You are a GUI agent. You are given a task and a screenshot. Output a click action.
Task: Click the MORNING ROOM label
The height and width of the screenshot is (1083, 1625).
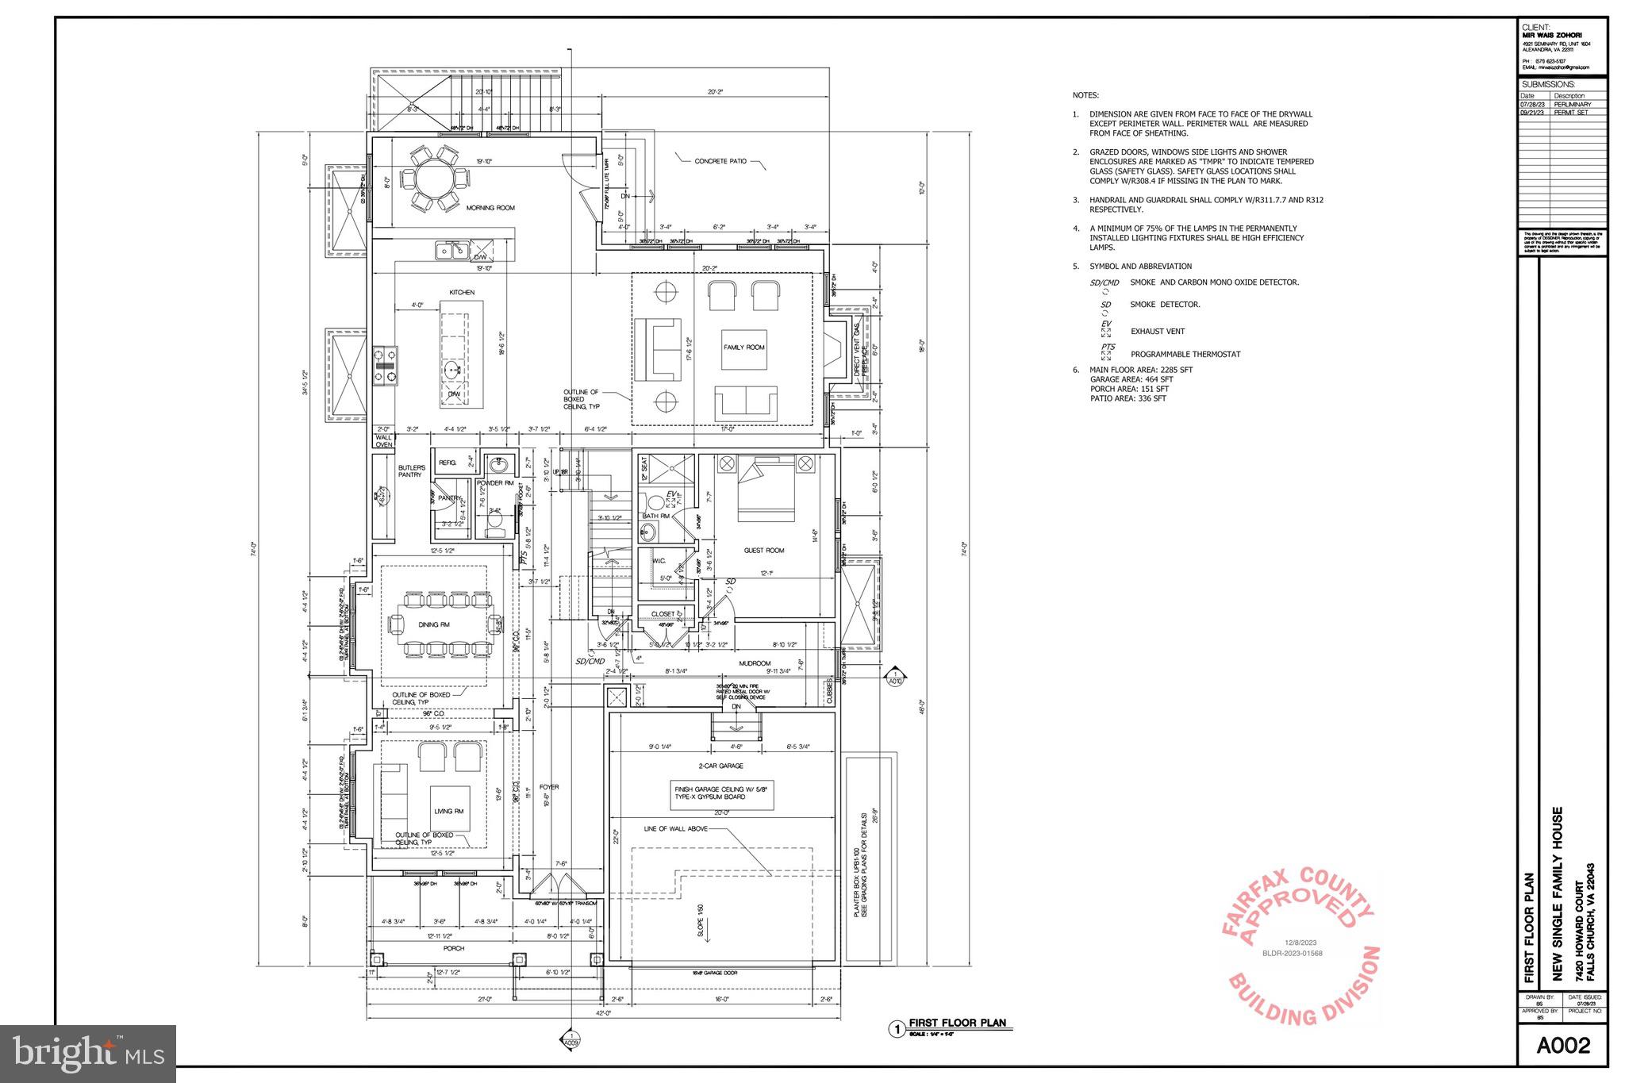coord(490,208)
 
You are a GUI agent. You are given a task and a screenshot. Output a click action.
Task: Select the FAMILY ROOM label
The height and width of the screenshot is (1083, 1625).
coord(743,348)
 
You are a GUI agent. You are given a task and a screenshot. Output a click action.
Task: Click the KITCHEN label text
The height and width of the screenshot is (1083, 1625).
coord(462,293)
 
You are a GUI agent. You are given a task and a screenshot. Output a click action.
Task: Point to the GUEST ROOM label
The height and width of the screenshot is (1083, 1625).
coord(763,551)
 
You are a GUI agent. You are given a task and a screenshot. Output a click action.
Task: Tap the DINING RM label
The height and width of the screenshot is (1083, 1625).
coord(434,625)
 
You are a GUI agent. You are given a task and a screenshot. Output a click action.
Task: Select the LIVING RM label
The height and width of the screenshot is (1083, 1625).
coord(448,812)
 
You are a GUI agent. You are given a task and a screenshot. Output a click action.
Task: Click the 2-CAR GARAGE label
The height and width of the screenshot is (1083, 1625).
coord(720,766)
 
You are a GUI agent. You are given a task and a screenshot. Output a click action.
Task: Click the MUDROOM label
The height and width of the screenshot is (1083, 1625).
coord(755,663)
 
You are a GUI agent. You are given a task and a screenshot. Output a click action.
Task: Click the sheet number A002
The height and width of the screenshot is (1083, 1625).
coord(1562,1046)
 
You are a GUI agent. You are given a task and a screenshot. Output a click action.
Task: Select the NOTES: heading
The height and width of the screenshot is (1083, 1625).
coord(1085,95)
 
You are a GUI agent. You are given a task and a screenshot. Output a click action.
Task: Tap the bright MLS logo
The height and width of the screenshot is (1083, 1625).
coord(88,1054)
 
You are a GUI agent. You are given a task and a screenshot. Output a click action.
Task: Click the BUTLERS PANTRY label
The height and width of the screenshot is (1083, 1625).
coord(412,471)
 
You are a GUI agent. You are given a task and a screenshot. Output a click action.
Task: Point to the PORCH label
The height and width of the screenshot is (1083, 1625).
coord(453,948)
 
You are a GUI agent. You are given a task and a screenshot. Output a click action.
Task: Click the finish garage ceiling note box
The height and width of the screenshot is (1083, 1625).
coord(720,793)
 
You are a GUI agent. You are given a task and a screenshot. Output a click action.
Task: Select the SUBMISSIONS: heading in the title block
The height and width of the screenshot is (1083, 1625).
coord(1548,85)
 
